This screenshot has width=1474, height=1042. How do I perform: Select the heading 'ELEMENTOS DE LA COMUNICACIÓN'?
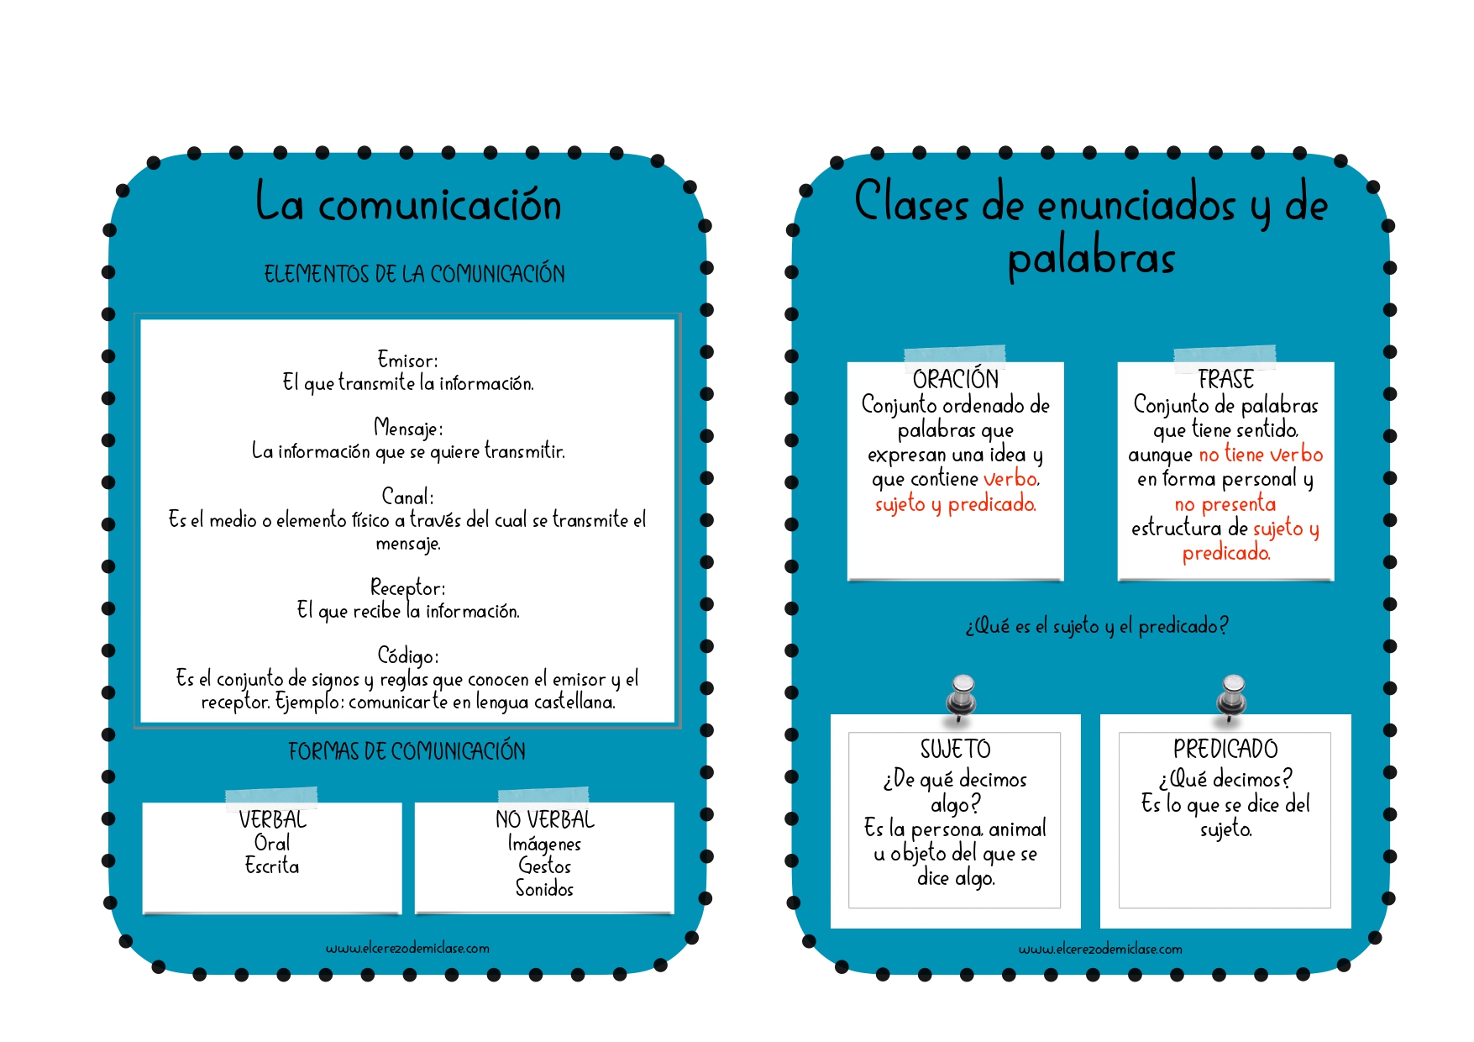point(415,274)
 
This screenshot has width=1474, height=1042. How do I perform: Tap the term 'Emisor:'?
point(407,360)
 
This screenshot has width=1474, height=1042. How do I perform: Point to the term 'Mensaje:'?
point(408,428)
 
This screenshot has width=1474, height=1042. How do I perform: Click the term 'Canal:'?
point(407,496)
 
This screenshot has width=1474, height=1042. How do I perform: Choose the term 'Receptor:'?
point(408,587)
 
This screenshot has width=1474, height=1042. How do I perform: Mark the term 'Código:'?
point(408,655)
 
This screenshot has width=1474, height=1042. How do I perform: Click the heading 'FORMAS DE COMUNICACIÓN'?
point(407,751)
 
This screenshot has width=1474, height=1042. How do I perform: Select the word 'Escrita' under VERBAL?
point(272,866)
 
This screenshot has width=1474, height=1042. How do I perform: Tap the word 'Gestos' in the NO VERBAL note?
point(544,866)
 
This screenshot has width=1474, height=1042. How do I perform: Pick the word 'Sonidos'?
point(544,888)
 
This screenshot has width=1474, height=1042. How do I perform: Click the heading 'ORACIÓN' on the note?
point(956,380)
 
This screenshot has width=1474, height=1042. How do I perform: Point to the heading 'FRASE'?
point(1225,380)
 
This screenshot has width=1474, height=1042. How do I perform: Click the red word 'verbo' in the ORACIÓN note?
point(1011,479)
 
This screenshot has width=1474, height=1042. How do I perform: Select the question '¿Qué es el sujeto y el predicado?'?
point(1097,626)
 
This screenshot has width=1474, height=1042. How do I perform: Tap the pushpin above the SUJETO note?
point(962,697)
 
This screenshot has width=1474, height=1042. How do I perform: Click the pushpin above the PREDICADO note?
point(1232,697)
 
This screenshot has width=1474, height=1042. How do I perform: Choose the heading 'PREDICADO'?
point(1225,749)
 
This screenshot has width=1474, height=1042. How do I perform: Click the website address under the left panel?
point(407,948)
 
